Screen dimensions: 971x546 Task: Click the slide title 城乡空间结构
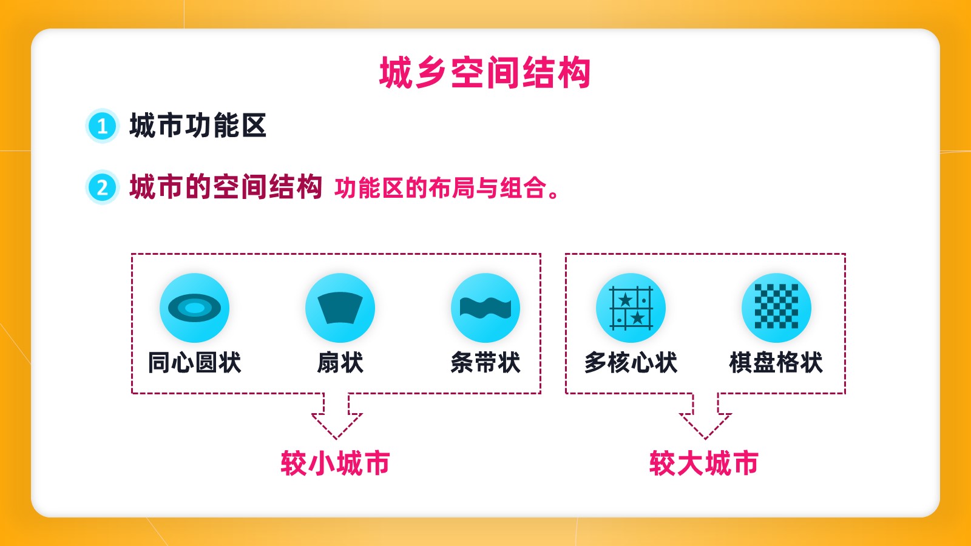(485, 72)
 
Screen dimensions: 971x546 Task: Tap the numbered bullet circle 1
(103, 126)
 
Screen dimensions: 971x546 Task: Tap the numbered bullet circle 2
(103, 187)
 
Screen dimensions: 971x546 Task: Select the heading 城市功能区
(198, 126)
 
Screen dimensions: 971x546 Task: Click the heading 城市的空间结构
(225, 187)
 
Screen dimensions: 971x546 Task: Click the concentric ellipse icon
(195, 308)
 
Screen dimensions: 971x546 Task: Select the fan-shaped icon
(340, 308)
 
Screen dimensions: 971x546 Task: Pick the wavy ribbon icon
(486, 308)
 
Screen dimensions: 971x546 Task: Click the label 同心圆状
(195, 362)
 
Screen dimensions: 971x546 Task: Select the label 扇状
(340, 362)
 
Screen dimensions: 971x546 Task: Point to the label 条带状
(486, 362)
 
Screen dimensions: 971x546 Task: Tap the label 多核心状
(631, 362)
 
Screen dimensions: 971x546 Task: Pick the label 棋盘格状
(776, 362)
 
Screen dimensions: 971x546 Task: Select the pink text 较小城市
(335, 463)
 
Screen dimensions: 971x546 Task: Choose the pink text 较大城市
(703, 463)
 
